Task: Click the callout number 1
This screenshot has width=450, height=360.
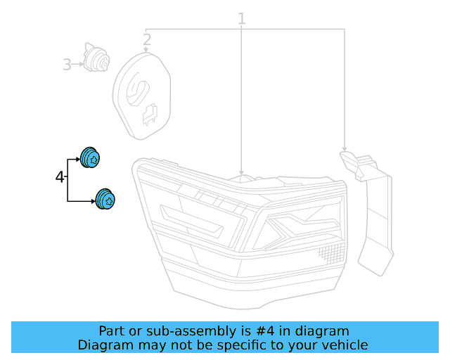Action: pos(241,18)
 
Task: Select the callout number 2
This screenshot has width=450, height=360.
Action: pos(147,40)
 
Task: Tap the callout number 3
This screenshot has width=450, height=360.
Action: pos(67,65)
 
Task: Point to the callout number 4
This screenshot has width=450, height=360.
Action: pos(59,176)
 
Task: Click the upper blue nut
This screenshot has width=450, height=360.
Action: pos(91,158)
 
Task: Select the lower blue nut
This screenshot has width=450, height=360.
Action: pos(106,200)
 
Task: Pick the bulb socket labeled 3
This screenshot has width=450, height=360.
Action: pos(95,58)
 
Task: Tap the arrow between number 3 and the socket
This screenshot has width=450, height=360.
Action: pos(78,65)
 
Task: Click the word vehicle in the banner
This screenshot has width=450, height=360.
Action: pos(346,345)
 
